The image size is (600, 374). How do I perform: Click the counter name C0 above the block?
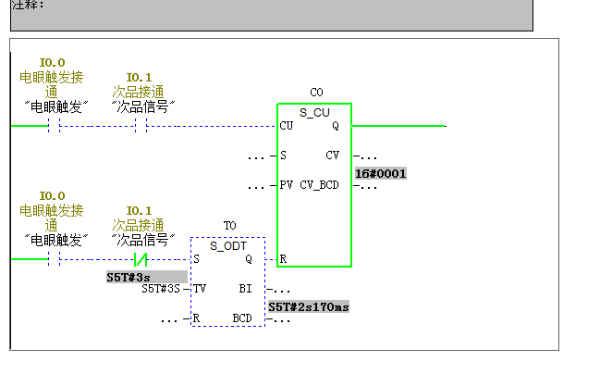(x=316, y=93)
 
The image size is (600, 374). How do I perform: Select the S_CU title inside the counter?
(x=315, y=112)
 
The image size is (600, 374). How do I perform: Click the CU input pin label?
(x=287, y=126)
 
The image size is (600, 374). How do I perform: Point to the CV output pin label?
(x=332, y=155)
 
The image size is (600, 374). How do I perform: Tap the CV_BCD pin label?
(x=319, y=185)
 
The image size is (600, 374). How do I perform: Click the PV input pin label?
(x=287, y=185)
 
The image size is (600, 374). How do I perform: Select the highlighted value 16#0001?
(x=381, y=173)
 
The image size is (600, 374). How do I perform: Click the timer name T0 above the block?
(x=230, y=226)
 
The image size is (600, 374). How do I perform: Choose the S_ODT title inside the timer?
(x=227, y=245)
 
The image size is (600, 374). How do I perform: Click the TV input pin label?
(x=200, y=289)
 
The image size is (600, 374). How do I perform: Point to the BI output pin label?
(x=245, y=289)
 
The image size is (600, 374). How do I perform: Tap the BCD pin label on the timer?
(x=242, y=318)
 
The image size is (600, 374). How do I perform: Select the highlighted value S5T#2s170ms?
(x=309, y=306)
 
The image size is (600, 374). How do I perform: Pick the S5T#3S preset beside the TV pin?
(x=161, y=289)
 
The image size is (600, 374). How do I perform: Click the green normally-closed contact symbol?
(x=142, y=260)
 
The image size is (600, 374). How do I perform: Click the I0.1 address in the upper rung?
(x=139, y=77)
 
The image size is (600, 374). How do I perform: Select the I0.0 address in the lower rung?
(x=52, y=196)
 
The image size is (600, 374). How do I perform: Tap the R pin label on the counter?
(x=283, y=259)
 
